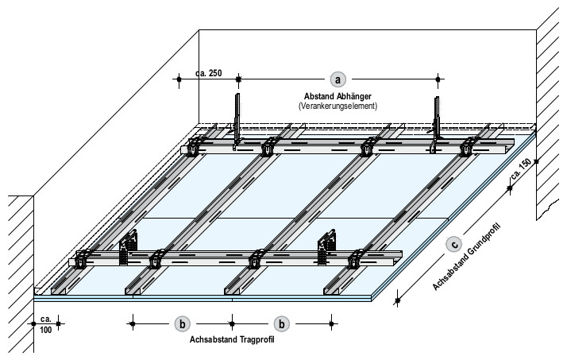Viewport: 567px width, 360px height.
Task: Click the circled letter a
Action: [x=338, y=79]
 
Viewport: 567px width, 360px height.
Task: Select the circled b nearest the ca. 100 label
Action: [x=182, y=323]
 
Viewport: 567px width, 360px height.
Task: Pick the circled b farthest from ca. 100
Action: [x=282, y=323]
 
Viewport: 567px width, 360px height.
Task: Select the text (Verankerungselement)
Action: [x=337, y=105]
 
